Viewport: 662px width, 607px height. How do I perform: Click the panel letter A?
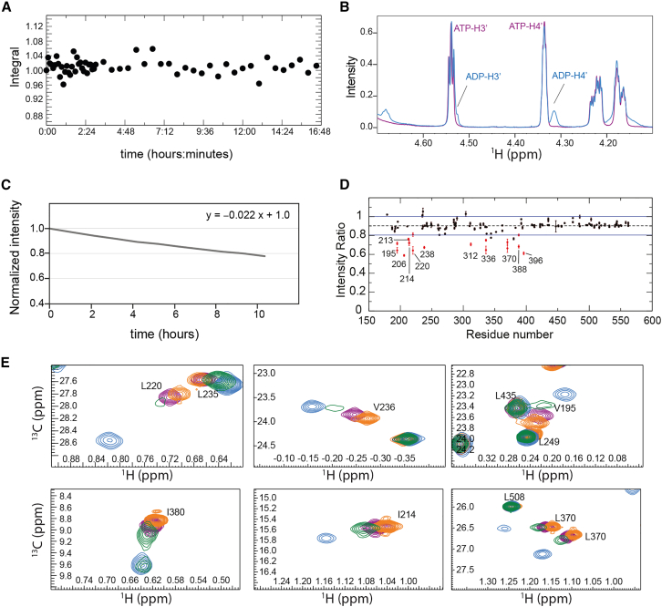point(7,8)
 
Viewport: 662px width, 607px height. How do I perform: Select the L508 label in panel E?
point(513,497)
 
